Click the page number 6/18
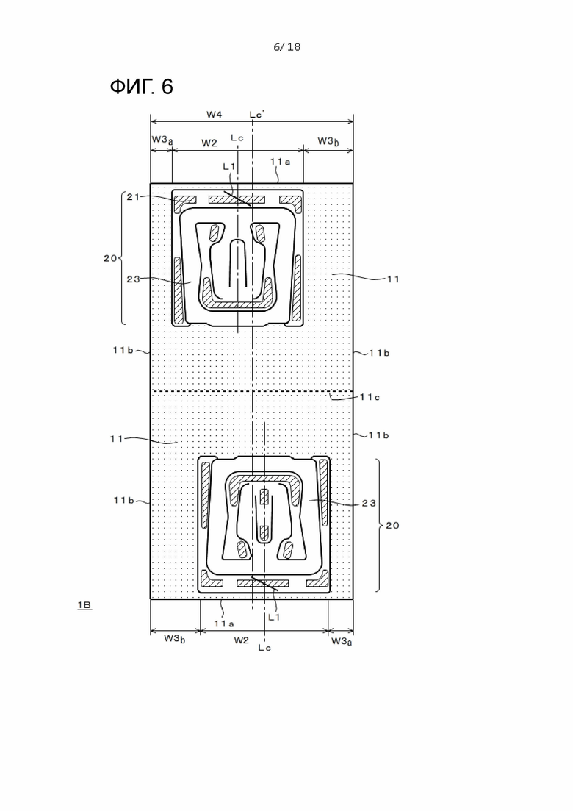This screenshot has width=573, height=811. [286, 47]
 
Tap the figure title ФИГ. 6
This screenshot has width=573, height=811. [142, 86]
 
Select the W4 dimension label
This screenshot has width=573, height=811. [214, 114]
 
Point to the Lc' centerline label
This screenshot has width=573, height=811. [257, 114]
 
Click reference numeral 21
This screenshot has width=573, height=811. [133, 196]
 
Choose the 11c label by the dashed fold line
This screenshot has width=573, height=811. [370, 397]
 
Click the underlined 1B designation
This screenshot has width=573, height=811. [84, 604]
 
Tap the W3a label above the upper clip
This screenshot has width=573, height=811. [162, 140]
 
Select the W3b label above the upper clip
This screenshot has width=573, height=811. [328, 141]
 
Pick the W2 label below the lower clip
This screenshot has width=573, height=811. [241, 640]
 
